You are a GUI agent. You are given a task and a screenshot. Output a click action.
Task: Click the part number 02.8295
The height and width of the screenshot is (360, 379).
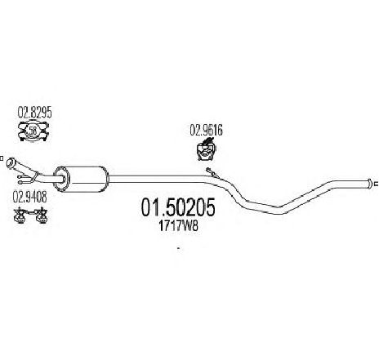[34, 113]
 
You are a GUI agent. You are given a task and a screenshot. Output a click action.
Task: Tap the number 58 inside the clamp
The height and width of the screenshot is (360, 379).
[33, 131]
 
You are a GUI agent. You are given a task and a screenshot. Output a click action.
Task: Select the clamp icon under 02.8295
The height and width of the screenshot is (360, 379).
[33, 131]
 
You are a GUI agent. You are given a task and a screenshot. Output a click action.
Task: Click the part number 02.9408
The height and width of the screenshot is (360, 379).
[30, 197]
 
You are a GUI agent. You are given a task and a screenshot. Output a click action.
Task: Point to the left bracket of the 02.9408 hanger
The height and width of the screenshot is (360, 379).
[20, 216]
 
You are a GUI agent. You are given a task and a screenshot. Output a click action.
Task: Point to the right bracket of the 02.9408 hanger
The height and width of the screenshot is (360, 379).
[42, 216]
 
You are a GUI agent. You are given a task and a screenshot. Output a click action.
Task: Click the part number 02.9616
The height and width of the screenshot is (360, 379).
[206, 130]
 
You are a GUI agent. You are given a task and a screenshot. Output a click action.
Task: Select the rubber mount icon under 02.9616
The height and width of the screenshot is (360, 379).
[206, 149]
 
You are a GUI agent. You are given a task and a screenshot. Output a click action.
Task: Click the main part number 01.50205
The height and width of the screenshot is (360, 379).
[178, 207]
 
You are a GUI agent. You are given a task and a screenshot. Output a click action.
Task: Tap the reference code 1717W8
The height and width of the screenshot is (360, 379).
[178, 226]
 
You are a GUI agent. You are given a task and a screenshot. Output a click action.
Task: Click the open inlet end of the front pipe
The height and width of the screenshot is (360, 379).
[11, 162]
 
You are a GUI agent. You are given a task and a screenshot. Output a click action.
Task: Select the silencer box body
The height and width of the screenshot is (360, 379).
[83, 179]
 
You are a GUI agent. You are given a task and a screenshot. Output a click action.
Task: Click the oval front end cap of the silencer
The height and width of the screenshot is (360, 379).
[61, 179]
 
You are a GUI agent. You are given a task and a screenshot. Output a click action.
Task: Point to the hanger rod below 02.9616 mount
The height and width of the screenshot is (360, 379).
[212, 173]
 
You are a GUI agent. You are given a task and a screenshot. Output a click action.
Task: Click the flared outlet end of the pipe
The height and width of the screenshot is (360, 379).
[369, 184]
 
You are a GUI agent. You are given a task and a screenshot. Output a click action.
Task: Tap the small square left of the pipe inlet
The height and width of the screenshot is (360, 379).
[1, 158]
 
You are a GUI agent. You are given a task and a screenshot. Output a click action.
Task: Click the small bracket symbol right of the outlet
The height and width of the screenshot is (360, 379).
[377, 184]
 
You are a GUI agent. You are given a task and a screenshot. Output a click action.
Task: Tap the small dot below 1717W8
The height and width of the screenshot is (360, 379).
[178, 248]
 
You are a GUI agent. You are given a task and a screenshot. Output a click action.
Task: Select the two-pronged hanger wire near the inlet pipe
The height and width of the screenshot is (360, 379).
[27, 178]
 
